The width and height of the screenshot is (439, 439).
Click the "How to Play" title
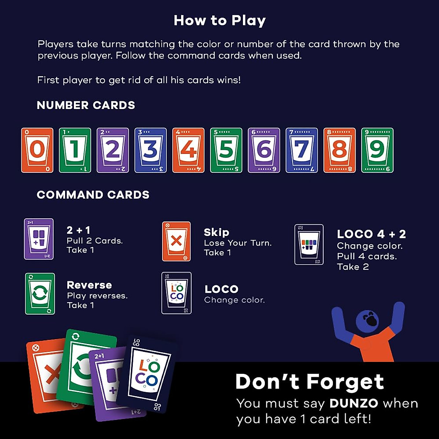pyautogui.click(x=219, y=20)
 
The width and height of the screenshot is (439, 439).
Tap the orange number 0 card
pyautogui.click(x=37, y=150)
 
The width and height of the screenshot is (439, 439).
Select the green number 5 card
pyautogui.click(x=226, y=150)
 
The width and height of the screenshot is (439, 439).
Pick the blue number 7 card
pyautogui.click(x=301, y=150)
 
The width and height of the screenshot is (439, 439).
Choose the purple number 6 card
pyautogui.click(x=264, y=150)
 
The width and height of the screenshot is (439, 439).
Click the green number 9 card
pyautogui.click(x=377, y=150)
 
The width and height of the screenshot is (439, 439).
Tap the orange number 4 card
pyautogui.click(x=188, y=150)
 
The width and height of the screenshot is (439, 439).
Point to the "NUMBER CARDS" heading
pyautogui.click(x=86, y=105)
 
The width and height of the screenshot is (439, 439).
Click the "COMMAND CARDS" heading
pyautogui.click(x=93, y=195)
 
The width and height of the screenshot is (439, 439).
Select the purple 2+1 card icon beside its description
pyautogui.click(x=39, y=239)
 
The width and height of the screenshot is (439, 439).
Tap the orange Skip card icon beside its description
pyautogui.click(x=176, y=241)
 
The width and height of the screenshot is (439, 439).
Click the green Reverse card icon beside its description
pyautogui.click(x=40, y=294)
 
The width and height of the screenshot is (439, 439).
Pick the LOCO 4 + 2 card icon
pyautogui.click(x=309, y=244)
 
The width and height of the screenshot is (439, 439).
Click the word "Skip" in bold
pyautogui.click(x=217, y=232)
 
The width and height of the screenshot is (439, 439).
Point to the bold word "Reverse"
pyautogui.click(x=89, y=285)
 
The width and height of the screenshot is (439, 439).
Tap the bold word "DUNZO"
pyautogui.click(x=354, y=403)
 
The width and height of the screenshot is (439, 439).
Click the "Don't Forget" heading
pyautogui.click(x=310, y=382)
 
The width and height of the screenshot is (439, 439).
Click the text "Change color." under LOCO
pyautogui.click(x=234, y=300)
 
